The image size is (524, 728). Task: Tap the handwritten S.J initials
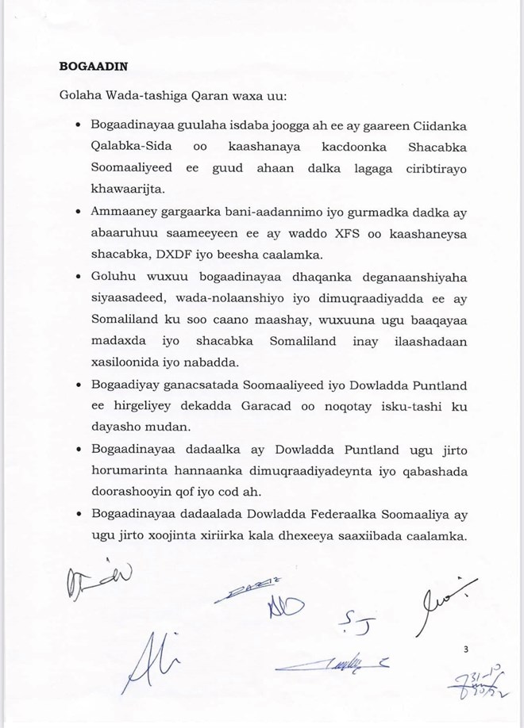pos(358,624)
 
